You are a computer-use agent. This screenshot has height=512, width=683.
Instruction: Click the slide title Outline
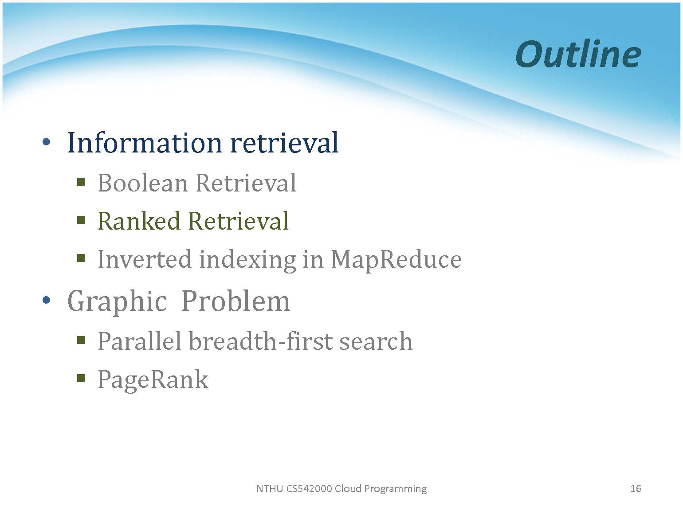578,55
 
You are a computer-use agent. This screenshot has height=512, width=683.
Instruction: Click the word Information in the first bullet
145,143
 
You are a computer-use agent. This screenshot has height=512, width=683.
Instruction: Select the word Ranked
139,221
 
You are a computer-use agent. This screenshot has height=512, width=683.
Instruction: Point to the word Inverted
145,259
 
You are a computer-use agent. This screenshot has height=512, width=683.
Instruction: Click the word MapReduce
396,260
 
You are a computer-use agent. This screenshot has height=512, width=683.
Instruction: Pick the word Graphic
117,301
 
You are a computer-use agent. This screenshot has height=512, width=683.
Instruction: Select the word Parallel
139,341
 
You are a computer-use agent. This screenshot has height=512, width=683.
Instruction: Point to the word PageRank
153,380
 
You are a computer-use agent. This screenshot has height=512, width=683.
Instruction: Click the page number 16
636,489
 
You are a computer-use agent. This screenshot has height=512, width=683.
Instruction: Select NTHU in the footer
270,489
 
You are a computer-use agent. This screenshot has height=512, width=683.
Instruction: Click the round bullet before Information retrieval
47,142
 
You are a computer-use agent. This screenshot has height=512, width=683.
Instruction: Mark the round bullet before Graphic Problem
47,300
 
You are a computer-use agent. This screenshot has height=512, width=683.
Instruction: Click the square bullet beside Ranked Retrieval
81,220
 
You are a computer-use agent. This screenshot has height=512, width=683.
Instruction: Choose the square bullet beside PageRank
81,378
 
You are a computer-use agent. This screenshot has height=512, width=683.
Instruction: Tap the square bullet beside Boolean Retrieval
81,181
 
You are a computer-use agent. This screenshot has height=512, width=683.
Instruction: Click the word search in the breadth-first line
376,341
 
